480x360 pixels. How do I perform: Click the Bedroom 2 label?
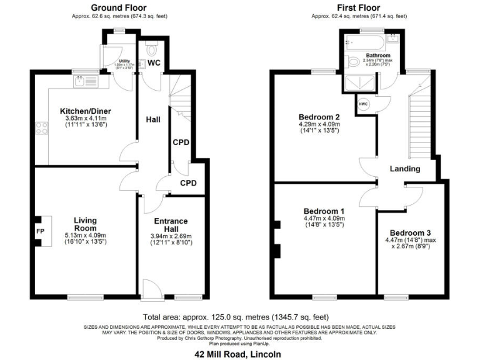(x=319, y=116)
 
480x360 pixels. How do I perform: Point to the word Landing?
(x=404, y=169)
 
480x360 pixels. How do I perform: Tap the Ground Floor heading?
(x=116, y=7)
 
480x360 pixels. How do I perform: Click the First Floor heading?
(x=359, y=7)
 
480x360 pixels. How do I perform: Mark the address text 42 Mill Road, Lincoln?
(x=238, y=354)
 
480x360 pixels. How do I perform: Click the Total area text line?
(x=238, y=317)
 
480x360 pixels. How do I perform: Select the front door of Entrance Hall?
(x=151, y=289)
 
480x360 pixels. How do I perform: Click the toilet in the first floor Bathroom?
(x=354, y=61)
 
